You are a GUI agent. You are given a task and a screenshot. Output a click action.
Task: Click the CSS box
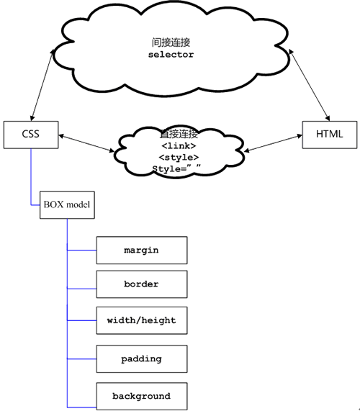coord(30,134)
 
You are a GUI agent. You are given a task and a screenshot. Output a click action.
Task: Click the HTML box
coord(329,134)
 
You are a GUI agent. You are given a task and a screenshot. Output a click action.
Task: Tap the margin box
coord(141,250)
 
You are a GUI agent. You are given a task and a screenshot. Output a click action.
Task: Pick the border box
coord(141,284)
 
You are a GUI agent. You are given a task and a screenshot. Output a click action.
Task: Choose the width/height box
coord(141,320)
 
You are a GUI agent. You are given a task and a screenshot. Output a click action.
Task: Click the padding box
coord(141,358)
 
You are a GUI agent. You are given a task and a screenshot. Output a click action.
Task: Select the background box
coord(141,396)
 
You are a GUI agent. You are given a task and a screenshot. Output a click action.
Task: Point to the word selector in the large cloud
coord(172,55)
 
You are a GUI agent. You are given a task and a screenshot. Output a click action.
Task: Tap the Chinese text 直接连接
coord(179,134)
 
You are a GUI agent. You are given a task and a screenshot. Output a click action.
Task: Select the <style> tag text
coord(179,157)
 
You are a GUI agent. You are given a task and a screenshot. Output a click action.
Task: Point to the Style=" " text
coord(176,169)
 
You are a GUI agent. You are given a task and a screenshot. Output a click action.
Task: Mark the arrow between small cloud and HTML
coord(271,143)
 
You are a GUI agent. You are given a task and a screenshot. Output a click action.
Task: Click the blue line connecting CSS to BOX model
coord(30,176)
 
